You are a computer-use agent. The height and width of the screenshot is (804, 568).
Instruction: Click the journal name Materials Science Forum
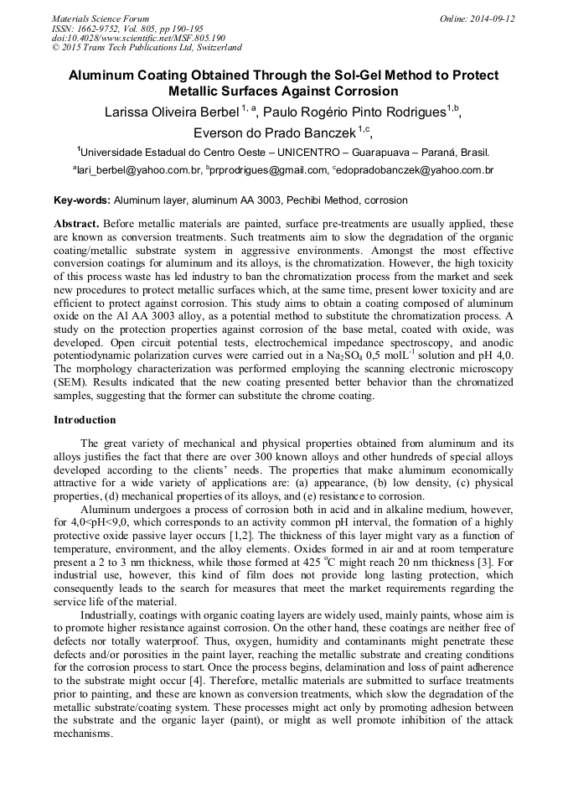click(x=101, y=18)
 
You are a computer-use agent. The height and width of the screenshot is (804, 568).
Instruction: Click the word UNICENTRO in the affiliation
click(x=295, y=153)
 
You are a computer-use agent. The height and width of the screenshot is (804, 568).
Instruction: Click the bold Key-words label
click(x=82, y=201)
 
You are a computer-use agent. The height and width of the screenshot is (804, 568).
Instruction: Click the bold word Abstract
click(x=76, y=225)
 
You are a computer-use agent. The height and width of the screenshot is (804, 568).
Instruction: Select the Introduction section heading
click(x=85, y=419)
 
